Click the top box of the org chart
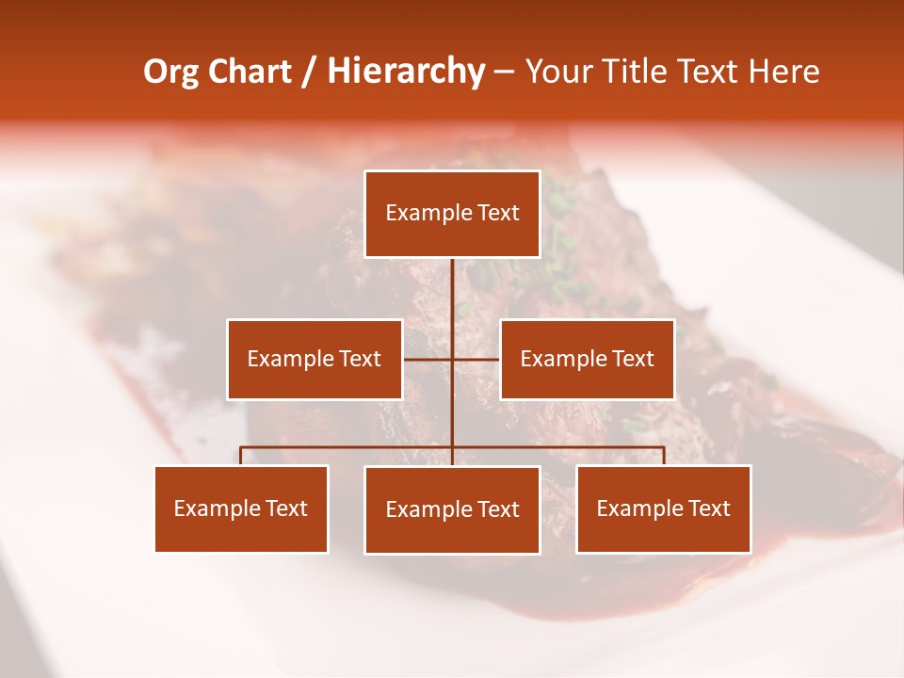(x=452, y=214)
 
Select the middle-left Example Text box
(x=315, y=359)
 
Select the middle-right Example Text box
(x=587, y=359)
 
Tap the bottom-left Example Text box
(x=241, y=508)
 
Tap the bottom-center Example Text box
(x=452, y=509)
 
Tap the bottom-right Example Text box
(x=663, y=508)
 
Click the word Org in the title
(x=171, y=72)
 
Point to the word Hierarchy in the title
(x=406, y=72)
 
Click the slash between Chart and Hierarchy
(x=309, y=72)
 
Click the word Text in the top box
(x=496, y=213)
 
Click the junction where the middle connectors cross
(x=452, y=359)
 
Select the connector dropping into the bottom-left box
(x=241, y=456)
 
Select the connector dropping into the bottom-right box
(x=664, y=456)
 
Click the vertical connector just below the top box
(x=452, y=282)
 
